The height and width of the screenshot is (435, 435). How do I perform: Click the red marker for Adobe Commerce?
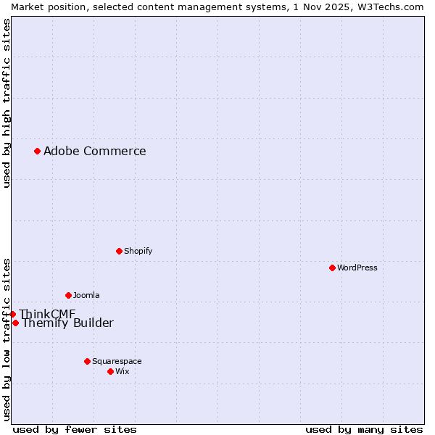pos(37,151)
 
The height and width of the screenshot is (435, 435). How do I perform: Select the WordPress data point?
pos(332,268)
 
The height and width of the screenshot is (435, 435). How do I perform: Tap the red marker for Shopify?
pos(119,251)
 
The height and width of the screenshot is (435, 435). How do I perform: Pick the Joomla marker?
pos(68,295)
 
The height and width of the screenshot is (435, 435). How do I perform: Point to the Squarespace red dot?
pos(87,361)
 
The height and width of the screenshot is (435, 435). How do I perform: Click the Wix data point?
pos(110,371)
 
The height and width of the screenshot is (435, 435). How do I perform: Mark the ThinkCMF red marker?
pos(12,314)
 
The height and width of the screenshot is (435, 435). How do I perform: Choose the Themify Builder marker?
pos(15,323)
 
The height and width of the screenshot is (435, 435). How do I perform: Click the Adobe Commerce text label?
pos(94,151)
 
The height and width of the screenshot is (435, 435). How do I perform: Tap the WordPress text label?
pos(357,268)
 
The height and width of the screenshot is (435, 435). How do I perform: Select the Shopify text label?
pos(138,251)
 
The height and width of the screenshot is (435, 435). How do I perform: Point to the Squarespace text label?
pos(117,361)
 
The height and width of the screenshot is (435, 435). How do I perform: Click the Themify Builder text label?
pos(67,323)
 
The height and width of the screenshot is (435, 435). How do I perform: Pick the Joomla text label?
pos(86,295)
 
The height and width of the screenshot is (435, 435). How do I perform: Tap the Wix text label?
pos(122,371)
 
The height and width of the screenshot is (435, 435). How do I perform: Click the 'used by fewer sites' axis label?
pos(75,429)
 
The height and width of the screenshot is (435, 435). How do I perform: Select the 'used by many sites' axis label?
pos(364,429)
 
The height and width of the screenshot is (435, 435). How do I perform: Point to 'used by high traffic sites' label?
pos(7,103)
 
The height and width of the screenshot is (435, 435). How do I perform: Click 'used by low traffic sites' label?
pos(7,339)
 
